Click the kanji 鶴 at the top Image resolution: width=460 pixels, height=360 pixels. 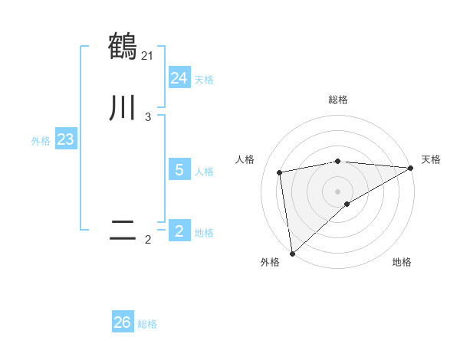[x=123, y=46]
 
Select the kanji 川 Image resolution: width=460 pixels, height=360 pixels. [x=123, y=106]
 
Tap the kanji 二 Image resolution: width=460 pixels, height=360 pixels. [x=123, y=229]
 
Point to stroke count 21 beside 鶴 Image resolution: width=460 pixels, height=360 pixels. [x=147, y=55]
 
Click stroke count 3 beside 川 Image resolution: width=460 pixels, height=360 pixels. [x=147, y=117]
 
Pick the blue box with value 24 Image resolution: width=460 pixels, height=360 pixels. [x=179, y=78]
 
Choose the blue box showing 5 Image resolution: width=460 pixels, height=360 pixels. [x=179, y=170]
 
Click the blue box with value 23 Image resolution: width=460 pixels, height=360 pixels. [x=65, y=140]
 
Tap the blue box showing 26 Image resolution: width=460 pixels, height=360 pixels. [x=123, y=322]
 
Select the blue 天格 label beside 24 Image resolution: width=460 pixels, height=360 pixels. [x=204, y=80]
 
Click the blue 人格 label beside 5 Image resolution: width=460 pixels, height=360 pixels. [x=204, y=172]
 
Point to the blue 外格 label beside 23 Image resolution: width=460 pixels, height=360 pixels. [x=41, y=141]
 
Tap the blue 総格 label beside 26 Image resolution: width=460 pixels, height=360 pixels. [x=147, y=324]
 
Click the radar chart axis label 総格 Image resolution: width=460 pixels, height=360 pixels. [x=338, y=100]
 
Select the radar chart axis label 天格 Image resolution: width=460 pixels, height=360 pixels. [x=431, y=159]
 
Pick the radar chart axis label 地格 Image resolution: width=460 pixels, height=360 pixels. [x=402, y=262]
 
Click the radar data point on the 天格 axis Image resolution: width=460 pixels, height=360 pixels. [x=410, y=168]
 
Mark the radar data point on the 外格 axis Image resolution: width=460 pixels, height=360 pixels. [x=292, y=253]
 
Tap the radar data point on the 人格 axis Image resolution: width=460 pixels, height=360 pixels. [x=280, y=172]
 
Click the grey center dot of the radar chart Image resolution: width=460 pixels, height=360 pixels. [x=338, y=191]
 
